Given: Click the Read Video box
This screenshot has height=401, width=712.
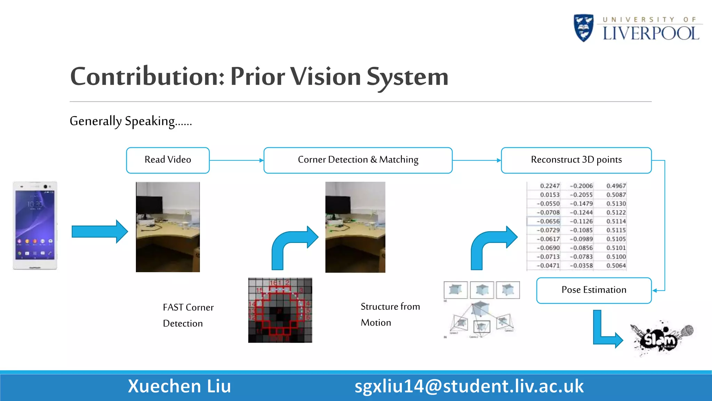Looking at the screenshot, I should (x=168, y=160).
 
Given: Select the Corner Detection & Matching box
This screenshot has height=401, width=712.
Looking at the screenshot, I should (x=358, y=160).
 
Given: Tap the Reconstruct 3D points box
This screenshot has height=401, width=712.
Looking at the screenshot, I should (x=576, y=160).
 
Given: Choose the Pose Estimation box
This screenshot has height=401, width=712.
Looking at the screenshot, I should (x=593, y=290).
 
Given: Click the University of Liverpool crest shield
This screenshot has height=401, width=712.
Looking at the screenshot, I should (x=583, y=28).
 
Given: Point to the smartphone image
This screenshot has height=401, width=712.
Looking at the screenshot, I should (x=35, y=225).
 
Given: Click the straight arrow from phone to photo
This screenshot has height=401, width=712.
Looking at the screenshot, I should (x=99, y=231).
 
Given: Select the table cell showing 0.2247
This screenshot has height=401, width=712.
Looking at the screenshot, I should (x=550, y=186).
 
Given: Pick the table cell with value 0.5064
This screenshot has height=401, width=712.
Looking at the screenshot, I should (x=616, y=266).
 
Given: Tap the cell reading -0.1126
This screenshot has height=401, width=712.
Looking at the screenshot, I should (x=581, y=221).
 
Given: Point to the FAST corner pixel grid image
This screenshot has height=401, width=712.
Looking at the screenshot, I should (x=280, y=310).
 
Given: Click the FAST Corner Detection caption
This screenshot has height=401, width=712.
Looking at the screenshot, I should (x=188, y=315).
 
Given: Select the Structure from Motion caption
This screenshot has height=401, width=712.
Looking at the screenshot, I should (x=390, y=314).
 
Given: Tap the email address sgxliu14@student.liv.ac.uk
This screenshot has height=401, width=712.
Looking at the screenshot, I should (x=469, y=386).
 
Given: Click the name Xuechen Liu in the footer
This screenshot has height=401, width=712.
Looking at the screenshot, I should (x=179, y=386).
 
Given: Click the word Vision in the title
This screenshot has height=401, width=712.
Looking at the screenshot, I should (x=325, y=77).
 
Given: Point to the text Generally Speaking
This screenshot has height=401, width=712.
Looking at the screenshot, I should (x=130, y=121).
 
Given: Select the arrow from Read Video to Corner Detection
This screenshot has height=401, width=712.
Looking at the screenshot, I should (x=236, y=160).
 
